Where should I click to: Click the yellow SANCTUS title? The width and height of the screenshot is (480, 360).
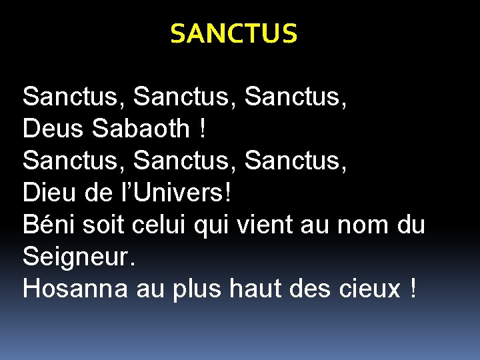233,33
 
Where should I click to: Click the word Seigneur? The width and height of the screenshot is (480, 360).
79,257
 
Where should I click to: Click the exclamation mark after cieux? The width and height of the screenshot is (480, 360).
415,289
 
